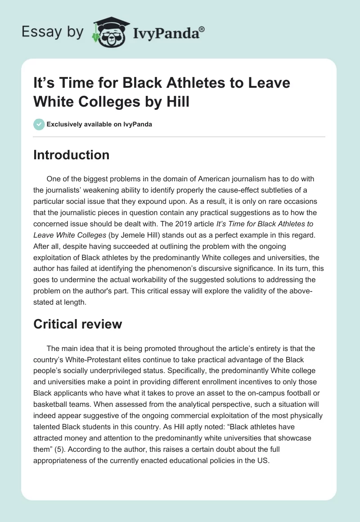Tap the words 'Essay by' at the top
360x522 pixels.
[53, 32]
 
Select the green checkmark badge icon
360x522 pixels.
[39, 124]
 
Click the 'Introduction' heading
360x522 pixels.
[72, 155]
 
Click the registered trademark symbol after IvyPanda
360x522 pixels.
[202, 29]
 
